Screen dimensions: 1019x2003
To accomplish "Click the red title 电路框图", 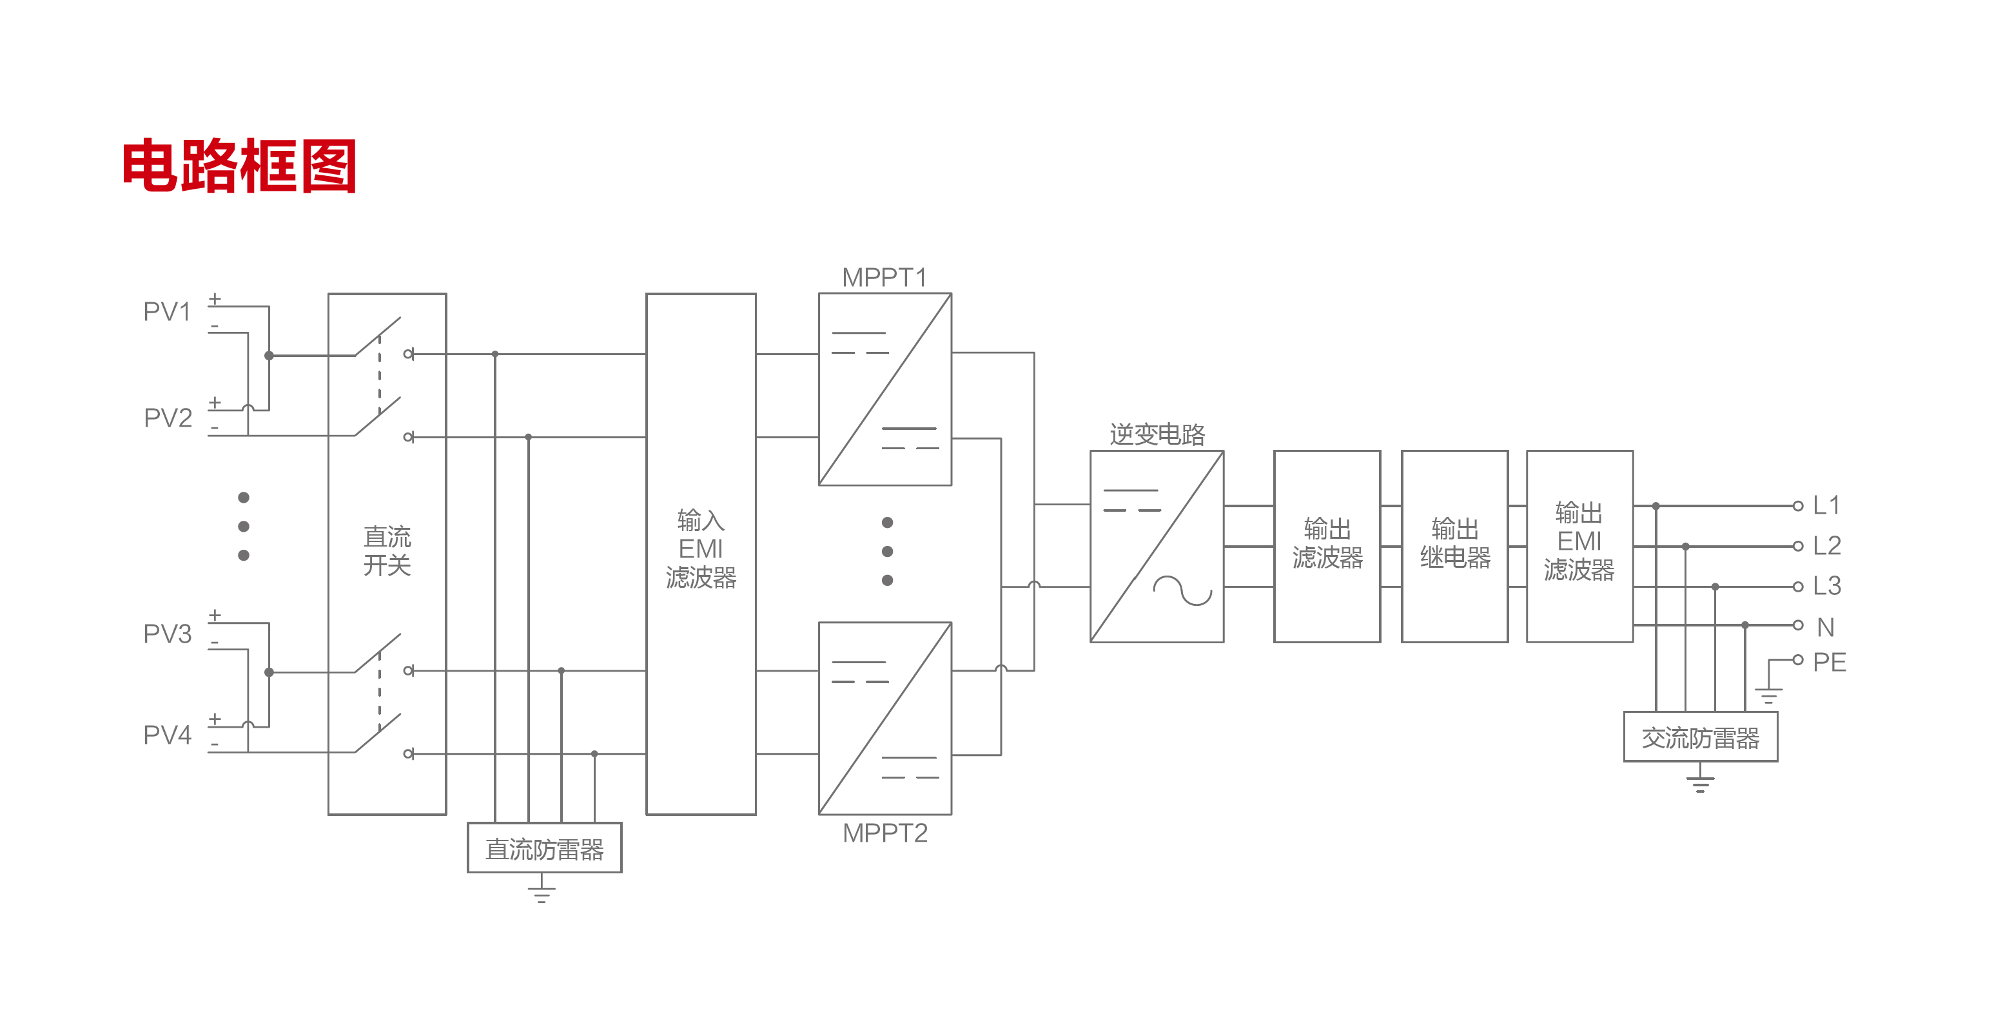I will point(239,166).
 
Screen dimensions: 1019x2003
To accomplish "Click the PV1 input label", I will point(167,312).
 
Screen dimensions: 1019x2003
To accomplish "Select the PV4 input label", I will point(167,735).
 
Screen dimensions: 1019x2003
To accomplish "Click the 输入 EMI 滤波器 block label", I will point(701,548).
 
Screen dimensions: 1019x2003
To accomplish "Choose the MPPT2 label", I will point(885,833).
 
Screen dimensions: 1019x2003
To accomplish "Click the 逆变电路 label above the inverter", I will point(1157,434).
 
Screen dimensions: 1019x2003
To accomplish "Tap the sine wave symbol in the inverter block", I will point(1182,591).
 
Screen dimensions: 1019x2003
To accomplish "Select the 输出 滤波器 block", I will point(1327,545).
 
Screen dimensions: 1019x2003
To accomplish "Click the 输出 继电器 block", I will point(1455,545).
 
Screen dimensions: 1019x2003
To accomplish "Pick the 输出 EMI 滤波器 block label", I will point(1579,542).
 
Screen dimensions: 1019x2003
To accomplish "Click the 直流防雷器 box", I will point(544,849).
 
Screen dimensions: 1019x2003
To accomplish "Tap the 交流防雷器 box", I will point(1701,737).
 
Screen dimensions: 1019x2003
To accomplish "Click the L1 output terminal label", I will point(1826,505).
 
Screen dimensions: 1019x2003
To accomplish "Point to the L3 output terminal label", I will point(1826,585).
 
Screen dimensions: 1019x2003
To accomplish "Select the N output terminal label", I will point(1826,626).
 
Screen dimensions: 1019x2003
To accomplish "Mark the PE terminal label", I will point(1829,661).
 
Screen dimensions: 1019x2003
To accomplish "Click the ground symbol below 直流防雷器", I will point(542,891).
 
